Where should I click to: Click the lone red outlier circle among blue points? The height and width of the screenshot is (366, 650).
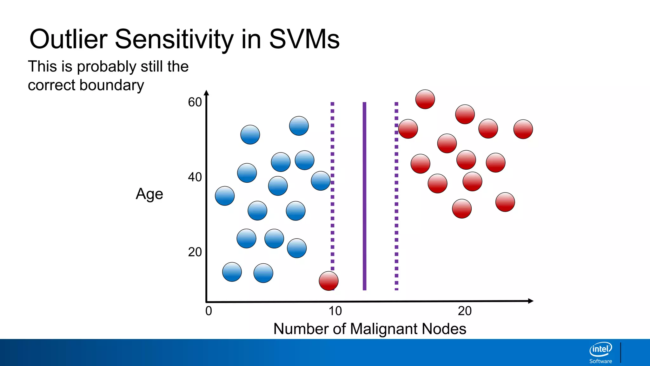pyautogui.click(x=328, y=281)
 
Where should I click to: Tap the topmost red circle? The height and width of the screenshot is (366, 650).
pyautogui.click(x=425, y=99)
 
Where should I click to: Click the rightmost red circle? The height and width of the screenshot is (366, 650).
pyautogui.click(x=523, y=129)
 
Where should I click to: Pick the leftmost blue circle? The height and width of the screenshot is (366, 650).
pyautogui.click(x=225, y=196)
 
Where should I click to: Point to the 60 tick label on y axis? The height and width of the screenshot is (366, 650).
pyautogui.click(x=195, y=102)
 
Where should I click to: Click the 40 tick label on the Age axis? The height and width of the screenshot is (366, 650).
pyautogui.click(x=195, y=177)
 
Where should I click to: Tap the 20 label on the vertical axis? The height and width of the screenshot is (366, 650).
pyautogui.click(x=195, y=252)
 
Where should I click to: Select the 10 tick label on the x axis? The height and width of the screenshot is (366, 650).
pyautogui.click(x=335, y=311)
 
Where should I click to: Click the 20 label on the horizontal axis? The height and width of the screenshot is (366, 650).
pyautogui.click(x=465, y=311)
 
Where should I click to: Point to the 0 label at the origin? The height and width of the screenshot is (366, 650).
pyautogui.click(x=209, y=311)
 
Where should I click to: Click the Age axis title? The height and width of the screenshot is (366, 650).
pyautogui.click(x=149, y=194)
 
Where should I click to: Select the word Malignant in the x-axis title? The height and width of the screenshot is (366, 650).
pyautogui.click(x=384, y=329)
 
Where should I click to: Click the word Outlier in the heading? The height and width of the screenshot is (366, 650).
pyautogui.click(x=69, y=39)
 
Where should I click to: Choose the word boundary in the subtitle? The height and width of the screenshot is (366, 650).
pyautogui.click(x=112, y=85)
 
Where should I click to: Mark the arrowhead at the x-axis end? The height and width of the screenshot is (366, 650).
pyautogui.click(x=530, y=301)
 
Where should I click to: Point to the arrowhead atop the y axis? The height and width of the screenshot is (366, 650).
pyautogui.click(x=207, y=93)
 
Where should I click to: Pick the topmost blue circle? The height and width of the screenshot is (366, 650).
pyautogui.click(x=299, y=126)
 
